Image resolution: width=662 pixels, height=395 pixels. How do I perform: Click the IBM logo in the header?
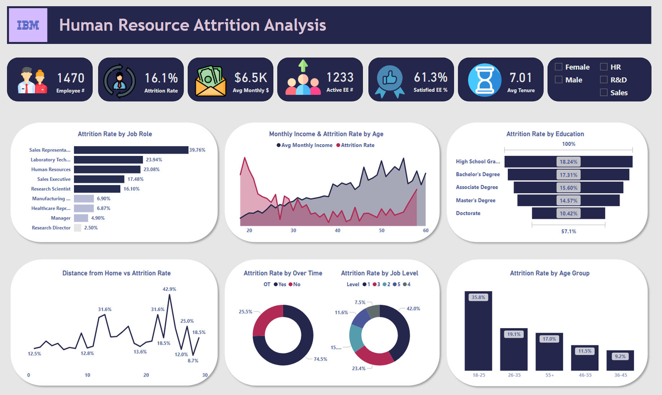[28, 25]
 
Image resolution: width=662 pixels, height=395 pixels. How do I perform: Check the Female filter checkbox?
[559, 67]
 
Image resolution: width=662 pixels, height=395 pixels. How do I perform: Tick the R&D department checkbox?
[604, 80]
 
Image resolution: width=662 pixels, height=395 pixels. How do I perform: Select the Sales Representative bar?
[131, 150]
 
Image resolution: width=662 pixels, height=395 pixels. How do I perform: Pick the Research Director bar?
[77, 228]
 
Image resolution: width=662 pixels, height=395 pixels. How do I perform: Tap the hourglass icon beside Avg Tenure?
[484, 80]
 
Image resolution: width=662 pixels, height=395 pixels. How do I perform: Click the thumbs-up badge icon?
[390, 80]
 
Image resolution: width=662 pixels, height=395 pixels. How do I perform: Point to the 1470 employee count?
[71, 78]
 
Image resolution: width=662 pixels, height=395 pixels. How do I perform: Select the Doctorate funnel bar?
[568, 213]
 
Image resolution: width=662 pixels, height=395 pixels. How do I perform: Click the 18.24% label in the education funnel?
[568, 162]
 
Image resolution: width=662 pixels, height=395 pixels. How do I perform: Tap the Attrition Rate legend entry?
[355, 145]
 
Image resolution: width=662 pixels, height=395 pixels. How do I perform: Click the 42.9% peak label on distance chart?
[169, 289]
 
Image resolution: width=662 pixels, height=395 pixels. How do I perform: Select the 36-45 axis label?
[620, 375]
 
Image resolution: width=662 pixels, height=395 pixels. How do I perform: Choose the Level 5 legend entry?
[397, 284]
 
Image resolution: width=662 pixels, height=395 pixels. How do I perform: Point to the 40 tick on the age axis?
[337, 230]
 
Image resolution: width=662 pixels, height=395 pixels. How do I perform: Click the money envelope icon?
[210, 81]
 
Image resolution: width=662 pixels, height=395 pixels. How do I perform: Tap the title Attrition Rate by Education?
[545, 134]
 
